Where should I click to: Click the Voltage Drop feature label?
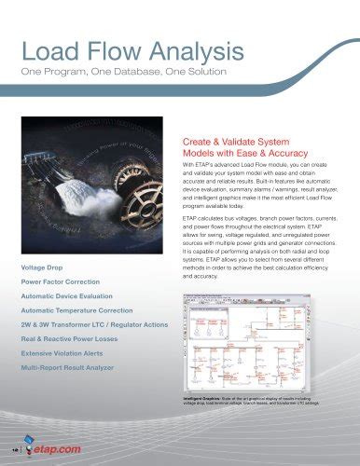pos(43,268)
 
